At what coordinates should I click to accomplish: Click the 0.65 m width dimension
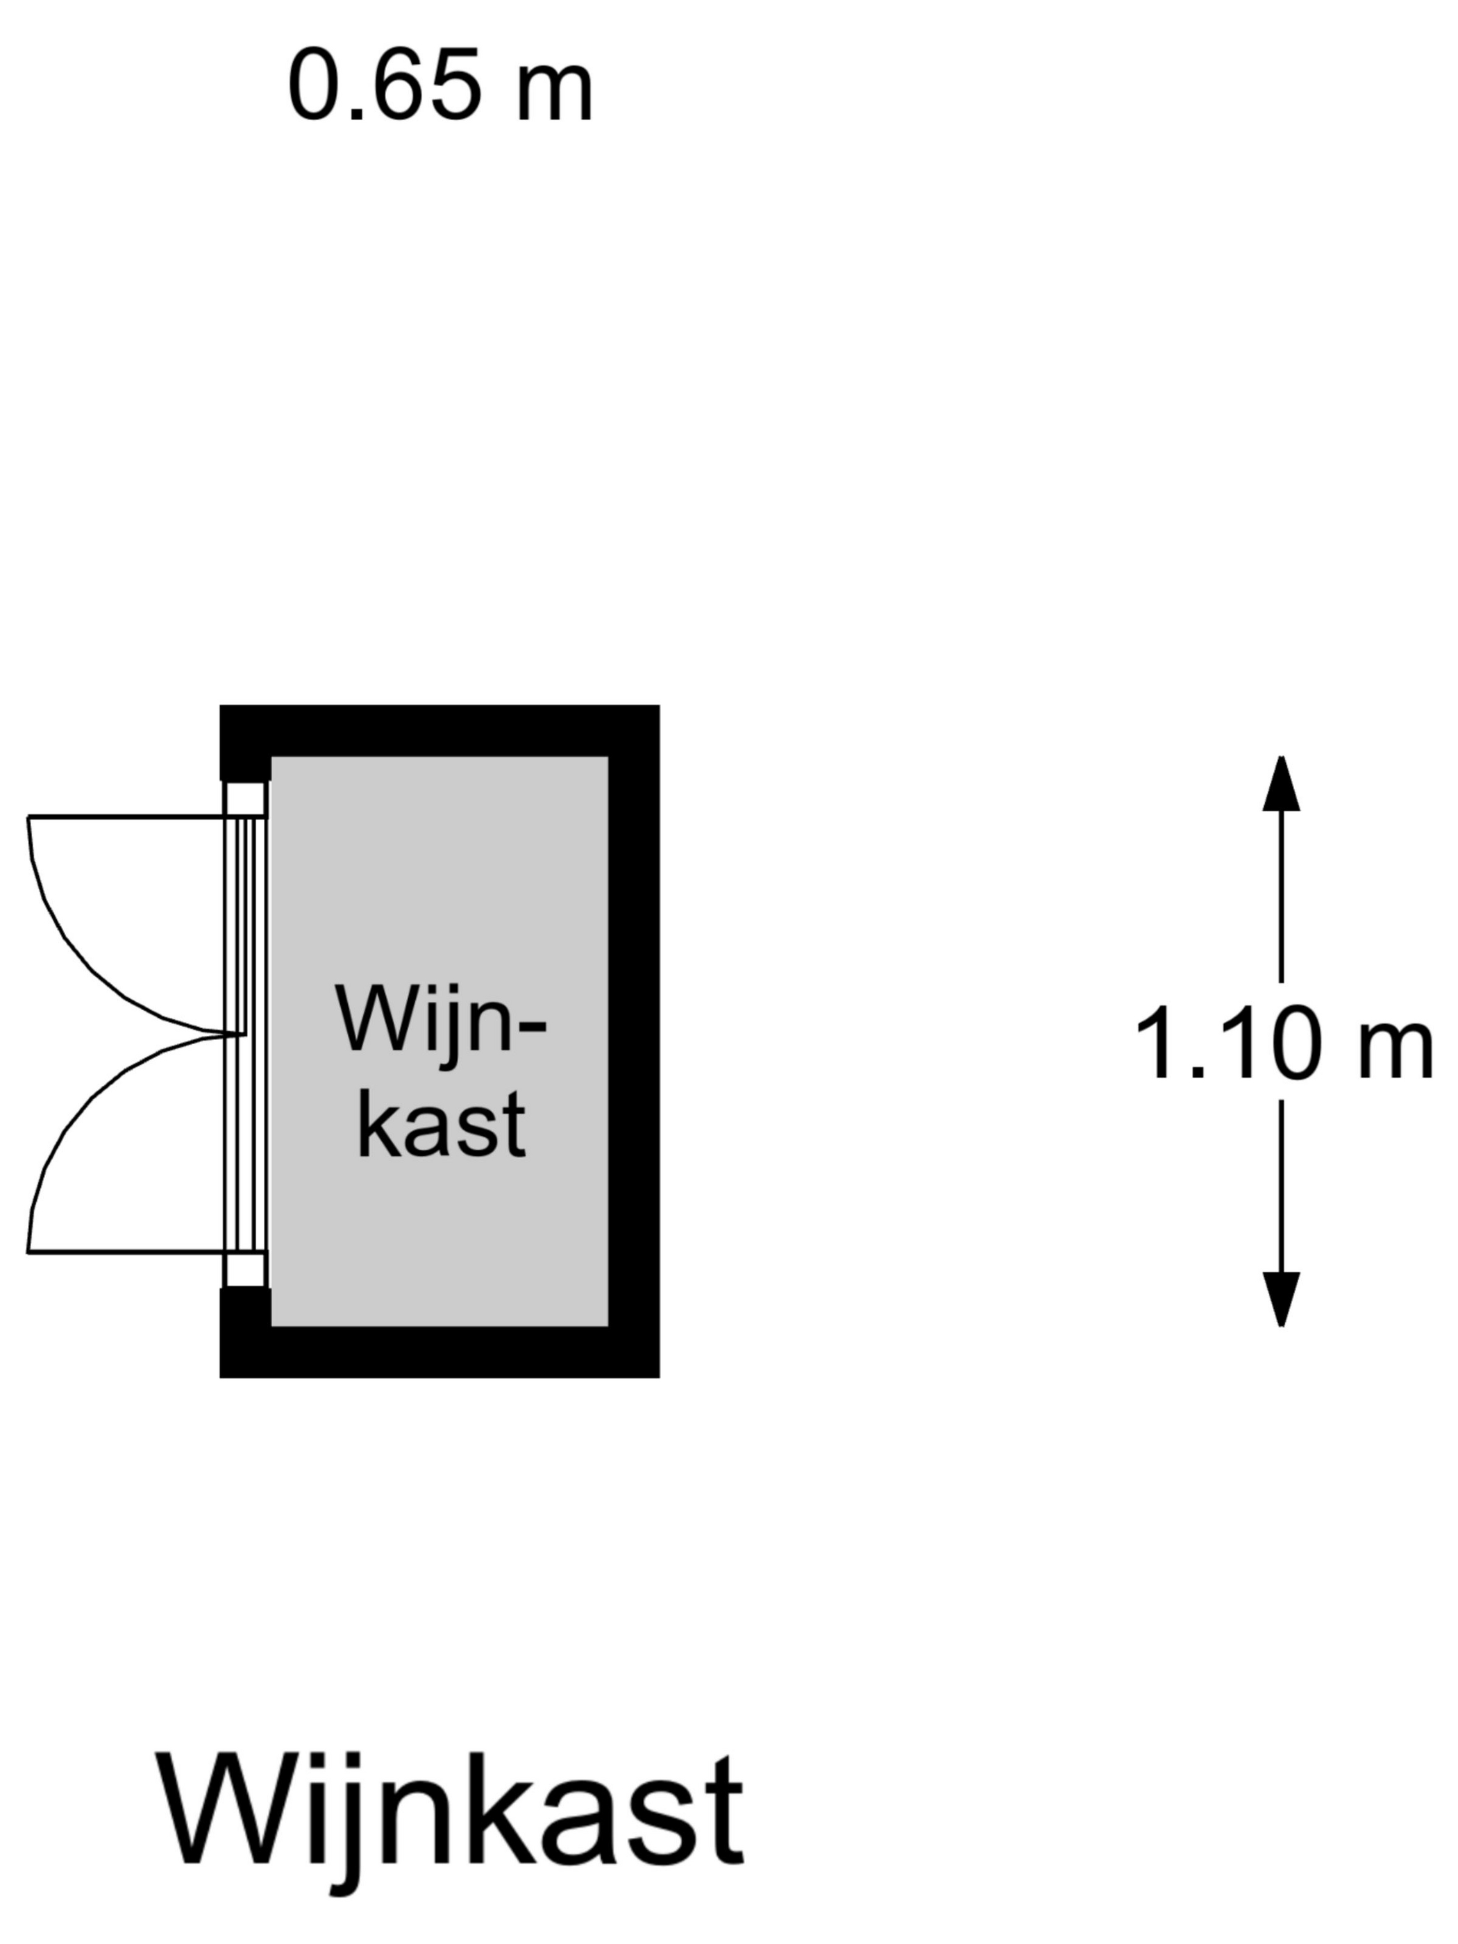439,86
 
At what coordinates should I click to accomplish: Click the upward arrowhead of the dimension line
1280,784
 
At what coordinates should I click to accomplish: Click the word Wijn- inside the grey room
439,1021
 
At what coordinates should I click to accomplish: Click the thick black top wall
439,730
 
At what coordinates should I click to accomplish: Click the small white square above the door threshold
245,798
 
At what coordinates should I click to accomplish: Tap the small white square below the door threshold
245,1270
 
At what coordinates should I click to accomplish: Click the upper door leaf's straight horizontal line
123,816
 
